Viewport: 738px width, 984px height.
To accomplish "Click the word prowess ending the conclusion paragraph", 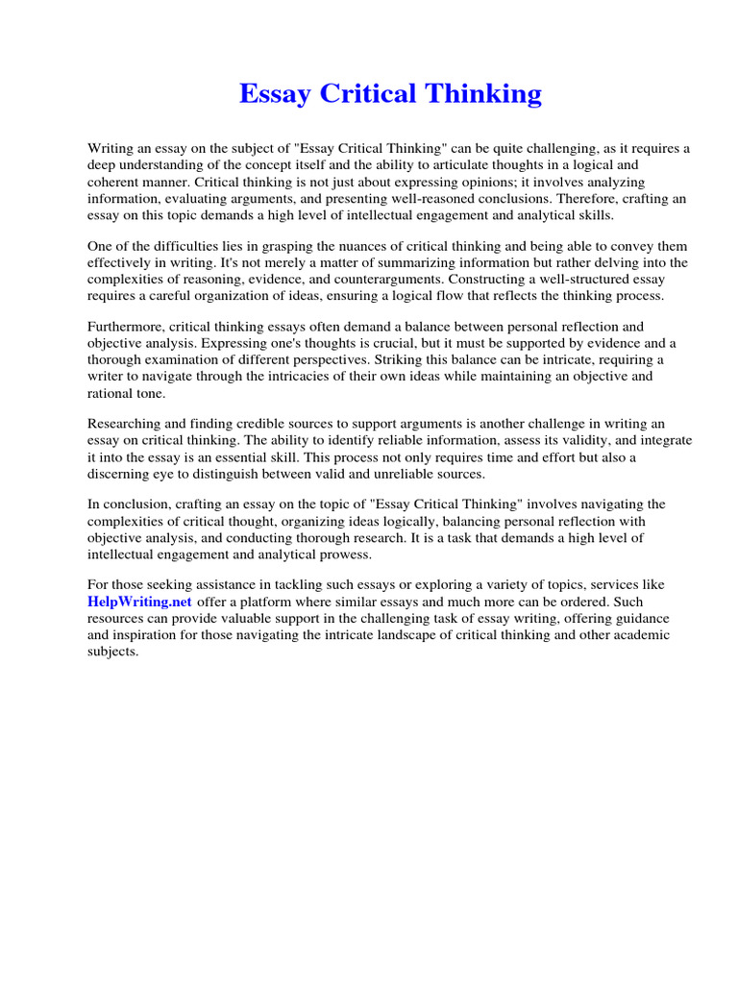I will click(343, 554).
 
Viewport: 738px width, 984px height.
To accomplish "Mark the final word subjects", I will click(113, 652).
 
